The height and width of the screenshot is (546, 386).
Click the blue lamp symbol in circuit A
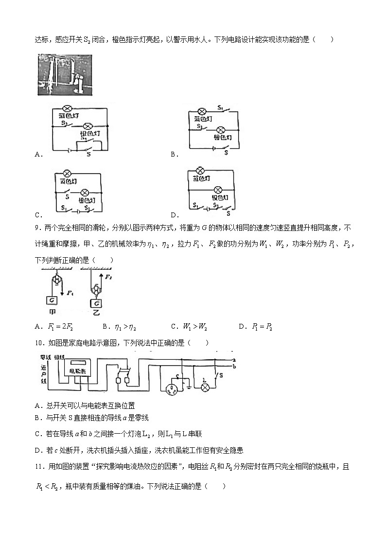[x=69, y=109]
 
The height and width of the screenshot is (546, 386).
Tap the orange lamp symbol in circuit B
[x=220, y=130]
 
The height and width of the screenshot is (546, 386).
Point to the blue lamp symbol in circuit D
[x=199, y=170]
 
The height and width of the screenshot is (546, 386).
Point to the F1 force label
[x=70, y=294]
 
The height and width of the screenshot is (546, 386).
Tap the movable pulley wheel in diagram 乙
[x=96, y=290]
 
